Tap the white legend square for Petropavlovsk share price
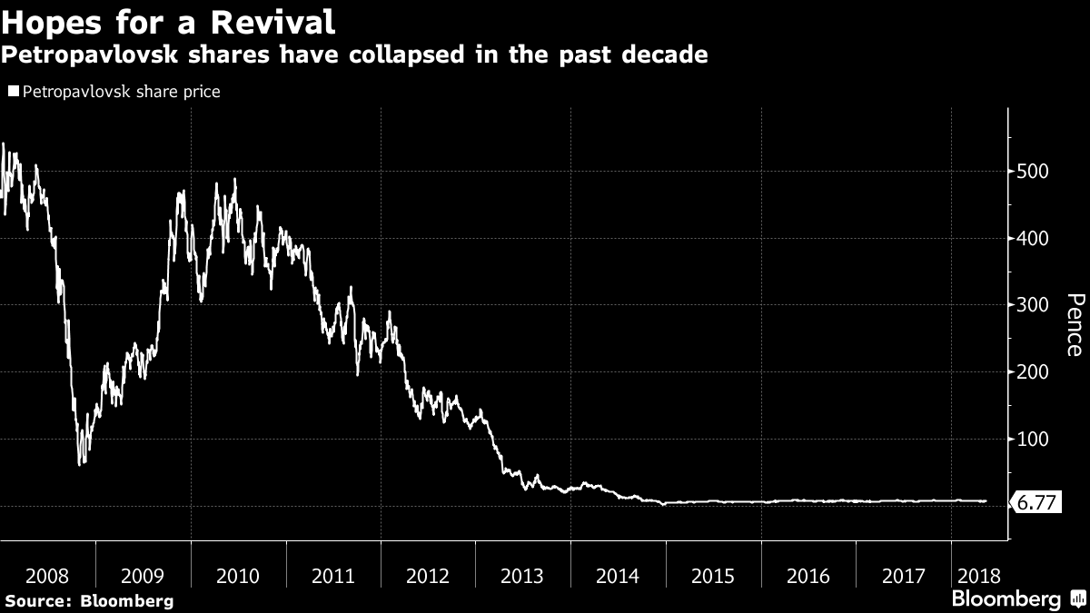(14, 91)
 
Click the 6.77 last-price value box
(1036, 502)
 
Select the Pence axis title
(1074, 325)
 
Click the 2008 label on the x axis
(47, 576)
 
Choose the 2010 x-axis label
(238, 576)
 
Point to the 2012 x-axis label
(428, 576)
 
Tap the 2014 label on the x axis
(618, 576)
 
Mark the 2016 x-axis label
(808, 576)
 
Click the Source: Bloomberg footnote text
(88, 600)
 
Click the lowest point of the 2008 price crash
(80, 464)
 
